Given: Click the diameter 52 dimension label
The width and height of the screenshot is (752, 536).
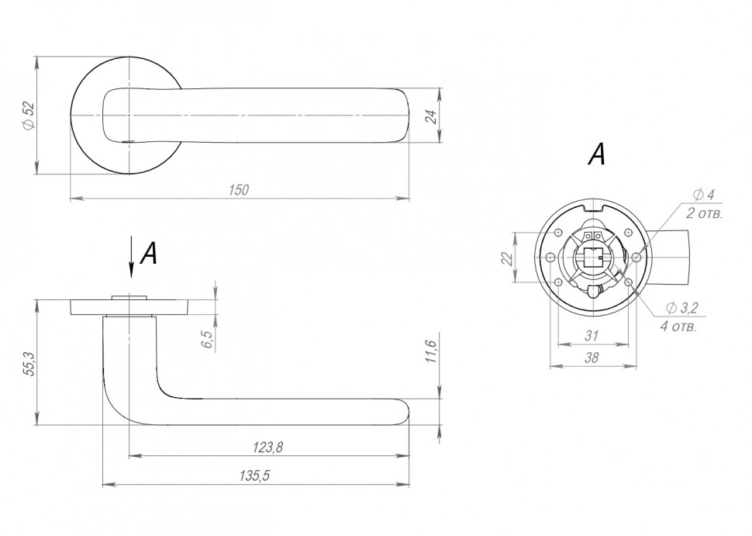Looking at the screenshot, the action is pos(28,116).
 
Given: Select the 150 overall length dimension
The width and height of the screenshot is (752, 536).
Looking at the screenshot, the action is pos(238,190).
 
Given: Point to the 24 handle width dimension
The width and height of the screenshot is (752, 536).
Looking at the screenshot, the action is pos(432,116).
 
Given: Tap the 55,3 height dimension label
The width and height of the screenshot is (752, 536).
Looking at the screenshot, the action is pos(29,363).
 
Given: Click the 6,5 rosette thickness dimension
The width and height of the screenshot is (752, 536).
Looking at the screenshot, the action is pos(207,339).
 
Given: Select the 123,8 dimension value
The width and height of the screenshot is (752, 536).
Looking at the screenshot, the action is pos(268,448).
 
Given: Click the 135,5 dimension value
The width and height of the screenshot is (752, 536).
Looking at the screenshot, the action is pos(254,475).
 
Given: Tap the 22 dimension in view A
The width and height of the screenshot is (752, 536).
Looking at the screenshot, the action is pos(507,258).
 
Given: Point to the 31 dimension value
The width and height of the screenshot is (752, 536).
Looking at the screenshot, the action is pos(592,336).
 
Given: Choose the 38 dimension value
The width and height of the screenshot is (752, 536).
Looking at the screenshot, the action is pos(592,358).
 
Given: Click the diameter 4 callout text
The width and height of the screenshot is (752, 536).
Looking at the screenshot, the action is pos(704,195).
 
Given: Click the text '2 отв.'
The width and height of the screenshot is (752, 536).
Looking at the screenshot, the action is pos(704,213).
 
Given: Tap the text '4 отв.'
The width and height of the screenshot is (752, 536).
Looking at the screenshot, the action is pos(678,327).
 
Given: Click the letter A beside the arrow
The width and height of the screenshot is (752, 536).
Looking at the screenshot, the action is pos(149,253).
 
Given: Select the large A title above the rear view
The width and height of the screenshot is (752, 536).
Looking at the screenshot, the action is pos(597,154).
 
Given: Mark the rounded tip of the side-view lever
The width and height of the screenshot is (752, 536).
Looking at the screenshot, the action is pos(407,412).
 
